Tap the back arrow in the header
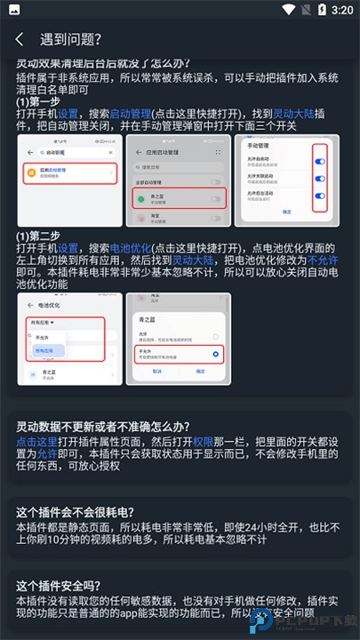20,39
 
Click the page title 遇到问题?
70,39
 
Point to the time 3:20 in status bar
342,10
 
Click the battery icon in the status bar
321,10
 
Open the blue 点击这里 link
37,442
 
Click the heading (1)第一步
37,101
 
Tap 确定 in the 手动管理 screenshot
287,212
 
